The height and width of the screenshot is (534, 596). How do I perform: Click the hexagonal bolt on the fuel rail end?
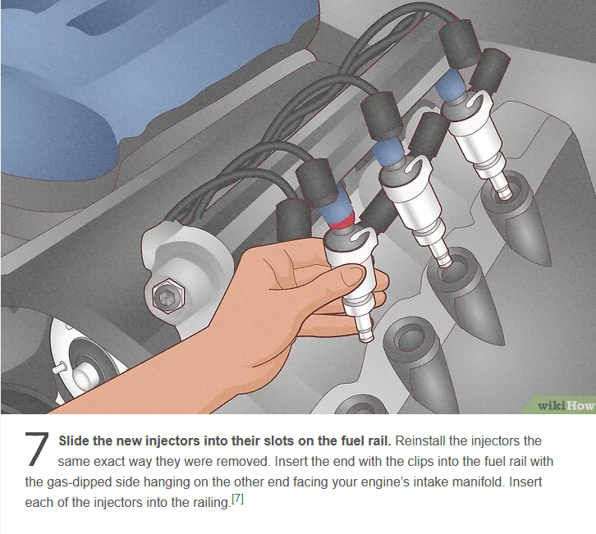coord(168,295)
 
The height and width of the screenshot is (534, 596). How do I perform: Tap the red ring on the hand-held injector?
coord(341,221)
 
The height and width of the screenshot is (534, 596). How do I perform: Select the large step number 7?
coord(37,450)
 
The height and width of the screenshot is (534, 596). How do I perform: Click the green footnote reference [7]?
coord(237,498)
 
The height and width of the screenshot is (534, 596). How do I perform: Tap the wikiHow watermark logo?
coord(565,406)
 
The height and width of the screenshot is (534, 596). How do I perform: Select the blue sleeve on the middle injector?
coord(387,151)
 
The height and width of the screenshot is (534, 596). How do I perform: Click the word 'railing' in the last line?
coord(211,503)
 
